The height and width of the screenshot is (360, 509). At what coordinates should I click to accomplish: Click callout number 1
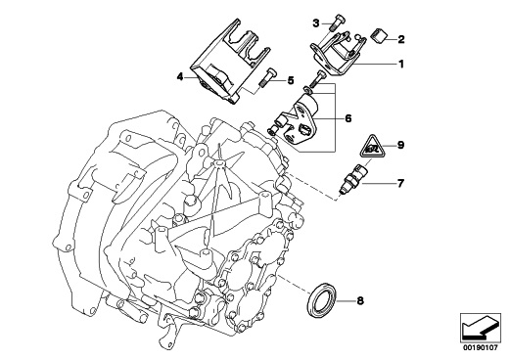pos(401,64)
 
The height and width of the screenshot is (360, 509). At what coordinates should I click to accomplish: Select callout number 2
pos(401,39)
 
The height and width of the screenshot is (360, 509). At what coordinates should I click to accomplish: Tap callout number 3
pos(316,23)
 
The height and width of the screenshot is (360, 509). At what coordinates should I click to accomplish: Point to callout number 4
pos(180,77)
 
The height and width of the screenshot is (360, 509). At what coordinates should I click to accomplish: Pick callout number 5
pos(291,80)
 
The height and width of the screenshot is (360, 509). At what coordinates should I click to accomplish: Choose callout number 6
pos(348,118)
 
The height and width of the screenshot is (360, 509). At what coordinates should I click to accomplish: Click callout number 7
pos(400,183)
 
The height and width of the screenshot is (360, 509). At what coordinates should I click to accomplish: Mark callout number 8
pos(360,300)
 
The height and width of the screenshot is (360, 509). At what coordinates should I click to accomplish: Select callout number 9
pos(400,145)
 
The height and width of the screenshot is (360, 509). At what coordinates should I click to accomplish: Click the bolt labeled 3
pos(335,22)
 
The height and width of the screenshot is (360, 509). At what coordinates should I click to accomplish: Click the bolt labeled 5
pos(266,77)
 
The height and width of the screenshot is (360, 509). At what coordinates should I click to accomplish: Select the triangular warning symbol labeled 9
pos(372,147)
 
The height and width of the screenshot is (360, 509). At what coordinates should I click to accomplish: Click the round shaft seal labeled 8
pos(322,300)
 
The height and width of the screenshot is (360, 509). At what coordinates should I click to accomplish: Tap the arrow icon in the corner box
pos(481,327)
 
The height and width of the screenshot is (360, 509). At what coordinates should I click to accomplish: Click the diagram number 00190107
pos(480,348)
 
